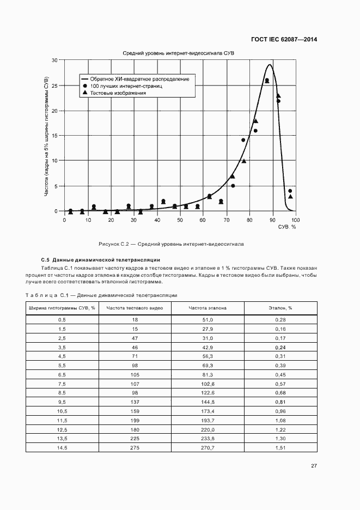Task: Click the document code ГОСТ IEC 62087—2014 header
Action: (x=284, y=39)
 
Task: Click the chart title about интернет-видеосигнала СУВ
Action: (x=178, y=53)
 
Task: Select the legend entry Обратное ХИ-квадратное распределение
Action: (x=139, y=79)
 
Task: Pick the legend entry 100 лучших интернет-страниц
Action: (x=126, y=86)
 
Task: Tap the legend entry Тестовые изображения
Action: (x=118, y=93)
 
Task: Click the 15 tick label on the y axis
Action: (x=54, y=136)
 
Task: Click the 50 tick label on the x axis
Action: (x=180, y=220)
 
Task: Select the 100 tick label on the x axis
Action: (x=295, y=220)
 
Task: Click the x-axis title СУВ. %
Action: (x=287, y=227)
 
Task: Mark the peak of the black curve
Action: (x=269, y=65)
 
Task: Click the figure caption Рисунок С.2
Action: (x=170, y=244)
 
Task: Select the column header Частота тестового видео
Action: (x=135, y=308)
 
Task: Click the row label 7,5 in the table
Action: (x=62, y=384)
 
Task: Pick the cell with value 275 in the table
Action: (x=135, y=448)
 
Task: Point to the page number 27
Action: (x=314, y=466)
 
